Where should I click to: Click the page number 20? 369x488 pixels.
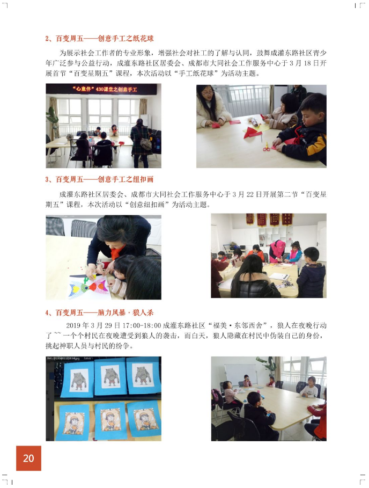point(28,458)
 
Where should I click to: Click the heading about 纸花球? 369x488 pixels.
point(99,39)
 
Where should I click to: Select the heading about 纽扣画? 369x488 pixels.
point(99,179)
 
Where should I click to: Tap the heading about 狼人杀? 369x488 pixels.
point(99,312)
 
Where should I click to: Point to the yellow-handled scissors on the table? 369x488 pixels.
point(267,147)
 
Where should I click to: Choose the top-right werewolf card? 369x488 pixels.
point(143,375)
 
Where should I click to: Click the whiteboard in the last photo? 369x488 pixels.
point(241,374)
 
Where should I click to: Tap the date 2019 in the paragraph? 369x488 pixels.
point(73,325)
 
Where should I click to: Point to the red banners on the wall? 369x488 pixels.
point(269,219)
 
